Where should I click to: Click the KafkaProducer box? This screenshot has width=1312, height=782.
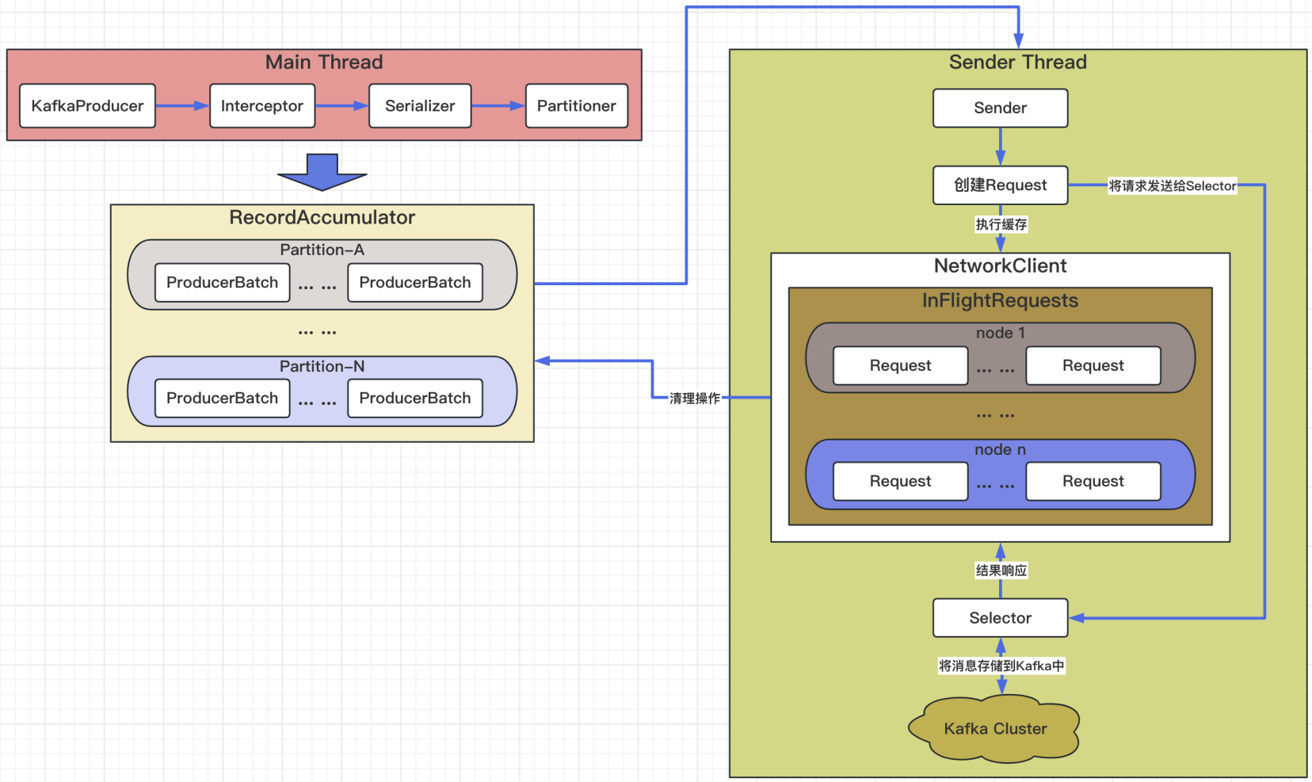click(87, 106)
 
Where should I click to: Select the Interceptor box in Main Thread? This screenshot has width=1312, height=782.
click(262, 106)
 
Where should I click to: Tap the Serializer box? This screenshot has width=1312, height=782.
click(420, 106)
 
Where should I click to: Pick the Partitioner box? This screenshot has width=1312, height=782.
click(577, 106)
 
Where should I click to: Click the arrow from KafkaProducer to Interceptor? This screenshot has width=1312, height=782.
click(182, 106)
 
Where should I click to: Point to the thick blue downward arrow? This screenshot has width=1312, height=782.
click(322, 173)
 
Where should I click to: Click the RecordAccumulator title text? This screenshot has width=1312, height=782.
click(322, 218)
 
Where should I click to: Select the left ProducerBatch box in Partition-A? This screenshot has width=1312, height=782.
click(223, 283)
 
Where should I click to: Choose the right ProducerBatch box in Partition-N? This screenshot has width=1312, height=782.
click(415, 399)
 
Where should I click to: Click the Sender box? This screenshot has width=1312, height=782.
click(1000, 109)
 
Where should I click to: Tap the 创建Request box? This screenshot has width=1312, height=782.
click(1000, 185)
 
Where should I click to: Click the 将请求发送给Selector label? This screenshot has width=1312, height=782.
click(1172, 186)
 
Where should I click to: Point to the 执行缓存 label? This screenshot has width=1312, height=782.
click(1001, 225)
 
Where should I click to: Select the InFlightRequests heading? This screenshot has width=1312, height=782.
click(1000, 301)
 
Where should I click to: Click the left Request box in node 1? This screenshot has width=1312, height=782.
click(900, 366)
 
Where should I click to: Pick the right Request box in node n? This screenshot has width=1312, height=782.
click(1093, 482)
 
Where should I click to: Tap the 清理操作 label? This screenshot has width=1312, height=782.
click(695, 399)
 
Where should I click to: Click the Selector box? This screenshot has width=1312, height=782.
click(1000, 618)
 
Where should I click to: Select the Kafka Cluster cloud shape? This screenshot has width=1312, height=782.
click(995, 729)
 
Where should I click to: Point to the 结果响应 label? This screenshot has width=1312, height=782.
click(1001, 570)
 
